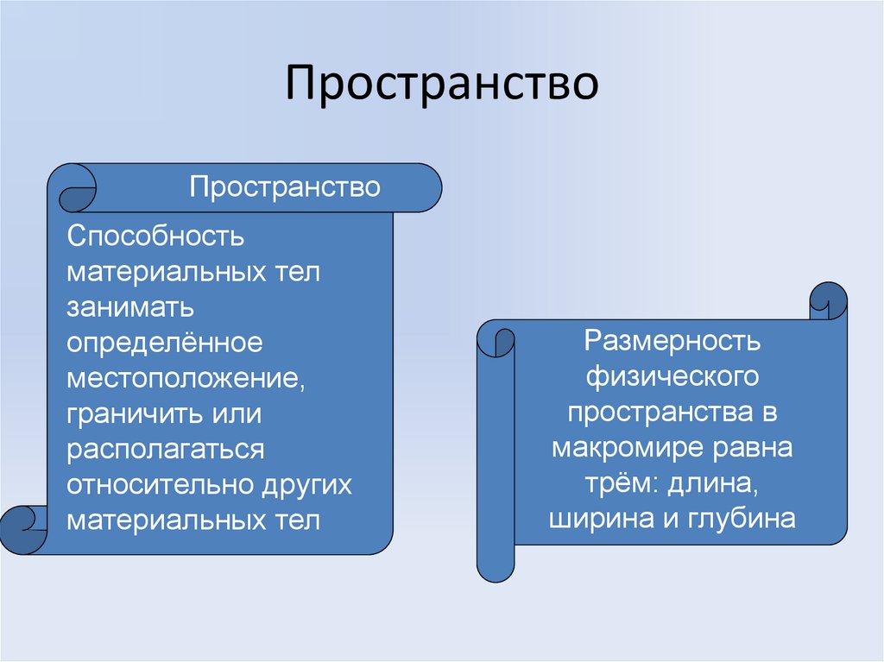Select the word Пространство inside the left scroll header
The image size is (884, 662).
coord(285,187)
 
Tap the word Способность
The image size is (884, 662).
coord(156,236)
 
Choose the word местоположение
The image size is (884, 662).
coord(186,379)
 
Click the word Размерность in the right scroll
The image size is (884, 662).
coord(672,341)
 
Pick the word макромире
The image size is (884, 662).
coord(631,449)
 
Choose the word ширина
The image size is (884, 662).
coord(597,520)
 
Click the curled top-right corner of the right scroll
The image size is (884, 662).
coord(828,300)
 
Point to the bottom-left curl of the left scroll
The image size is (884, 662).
coord(23,526)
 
